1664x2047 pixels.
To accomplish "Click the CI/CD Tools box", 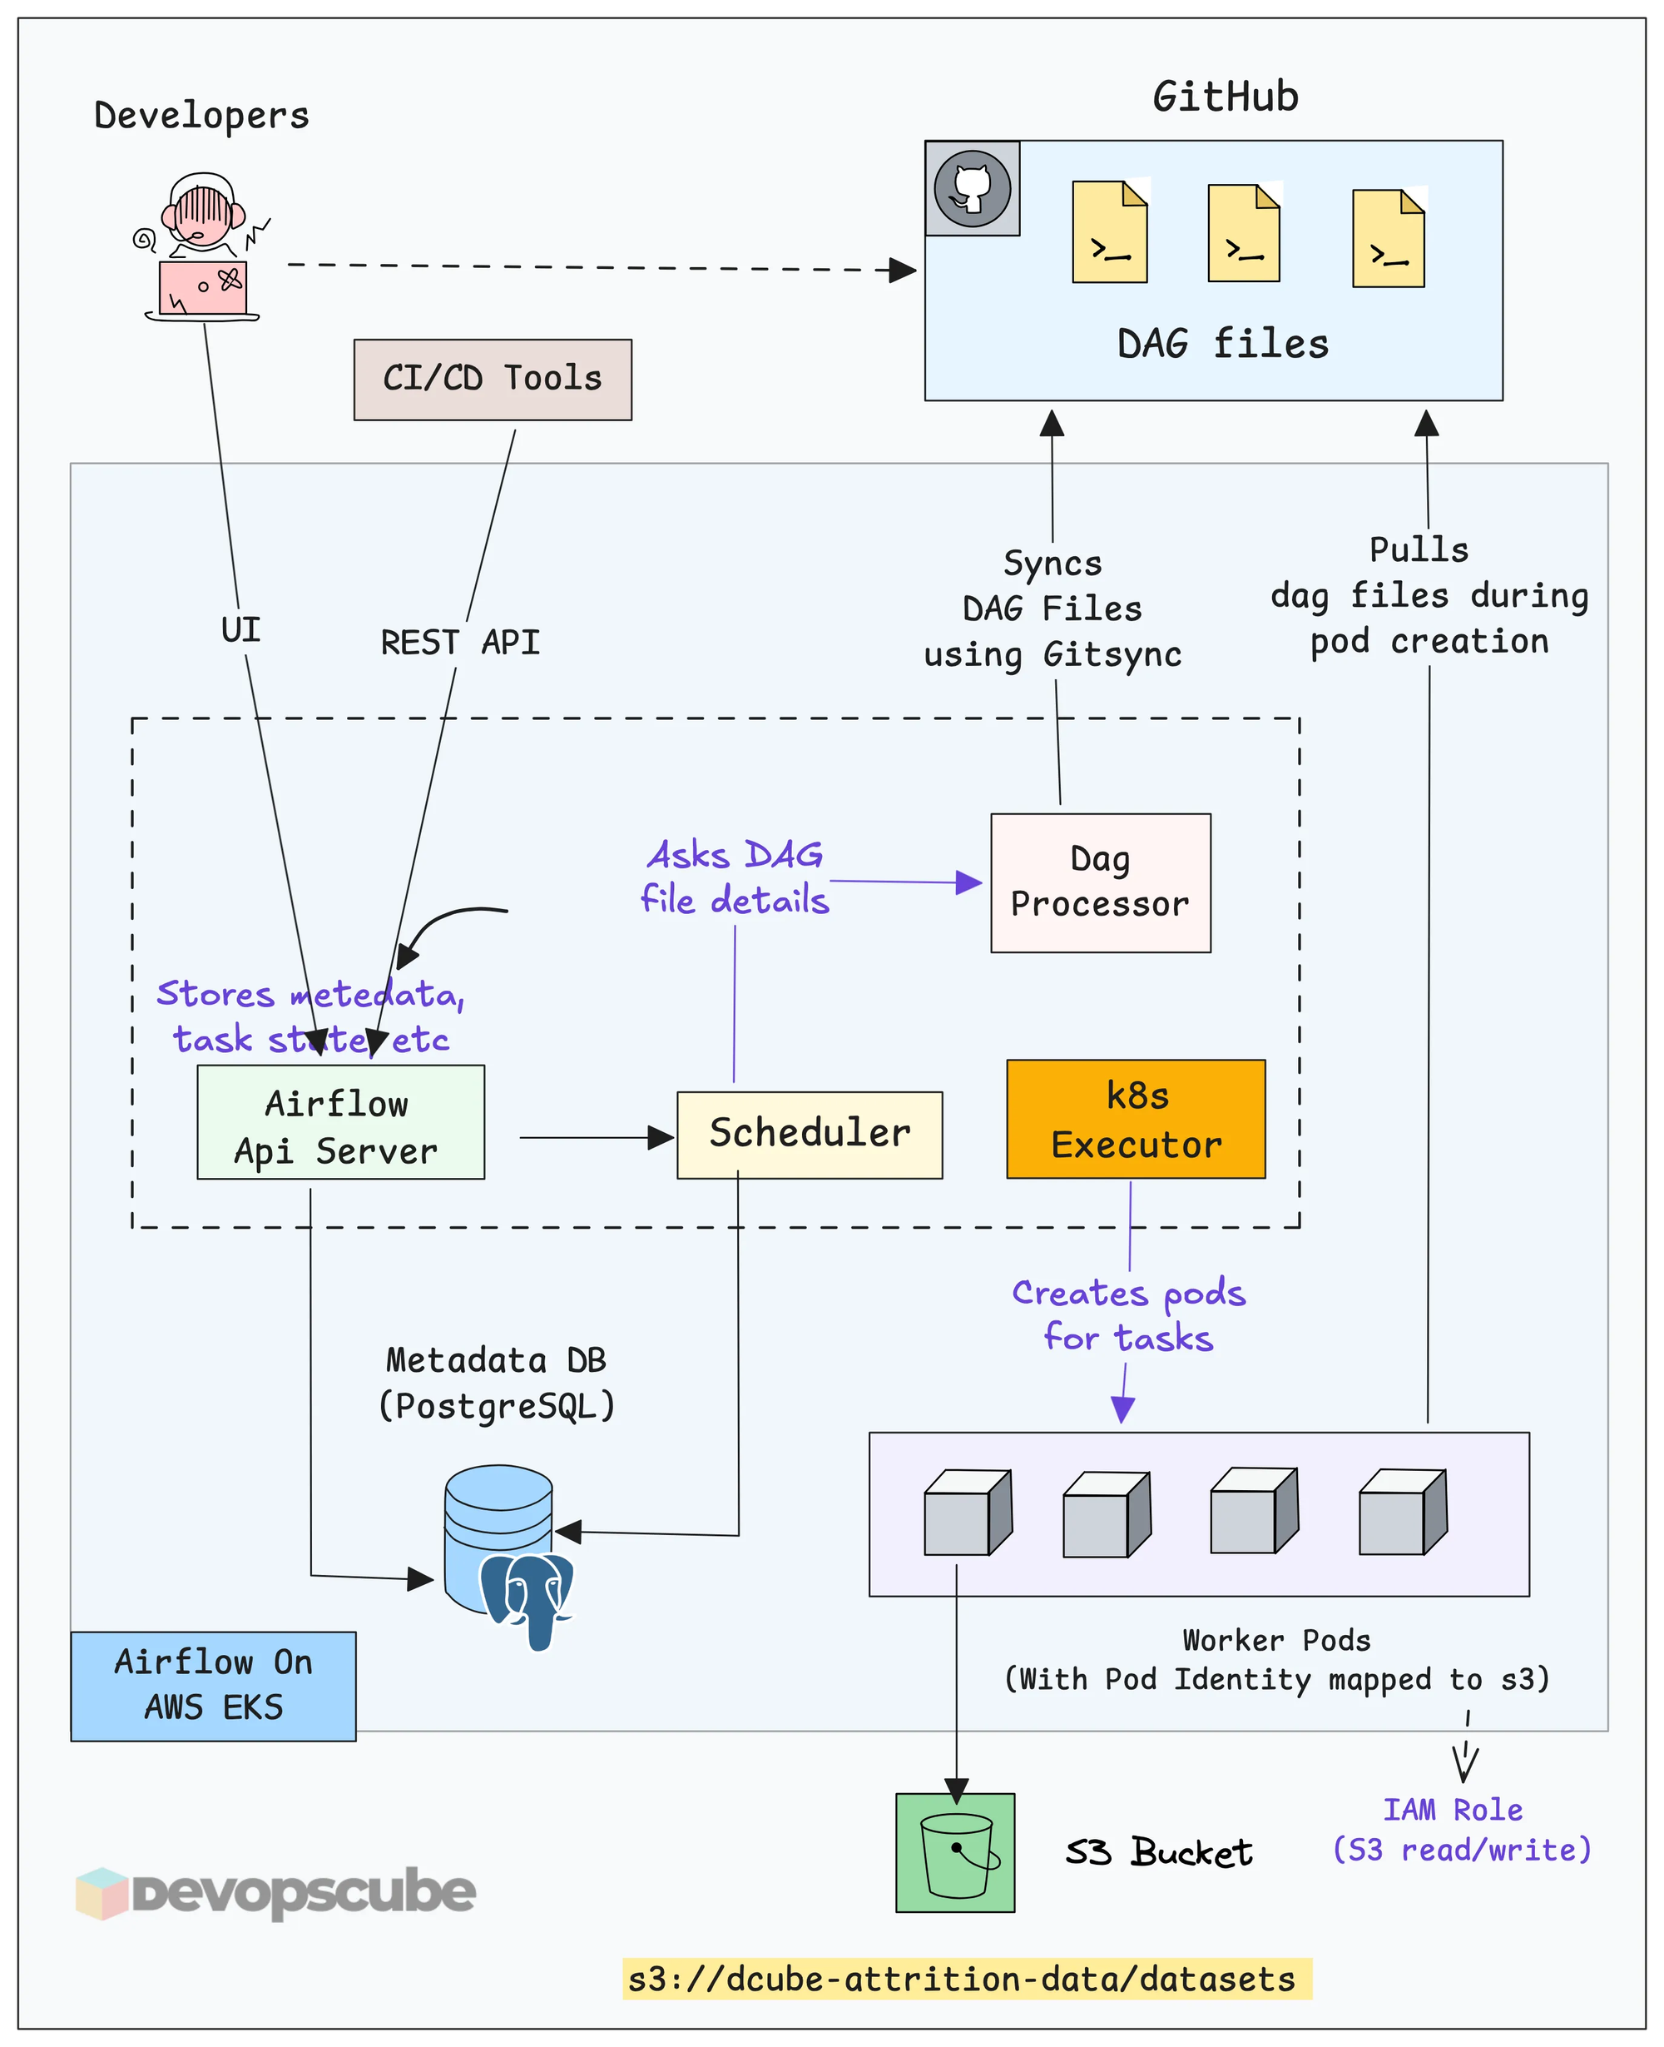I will coord(492,380).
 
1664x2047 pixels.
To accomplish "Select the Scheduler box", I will coord(809,1135).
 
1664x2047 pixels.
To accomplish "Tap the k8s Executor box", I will coord(1136,1119).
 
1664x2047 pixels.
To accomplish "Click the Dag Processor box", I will coord(1101,882).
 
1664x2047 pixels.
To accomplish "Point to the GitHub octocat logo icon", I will coord(972,188).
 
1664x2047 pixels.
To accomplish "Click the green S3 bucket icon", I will coord(954,1852).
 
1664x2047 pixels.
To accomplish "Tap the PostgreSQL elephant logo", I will coord(528,1597).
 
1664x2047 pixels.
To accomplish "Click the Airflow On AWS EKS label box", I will coord(213,1686).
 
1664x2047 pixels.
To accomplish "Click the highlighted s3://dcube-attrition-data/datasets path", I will coord(966,1979).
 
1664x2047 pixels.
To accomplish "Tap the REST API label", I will coord(460,643).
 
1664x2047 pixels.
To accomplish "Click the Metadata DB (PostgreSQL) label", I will coord(496,1383).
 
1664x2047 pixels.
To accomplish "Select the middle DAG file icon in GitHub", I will coord(1243,234).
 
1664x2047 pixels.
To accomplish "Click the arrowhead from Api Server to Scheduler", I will coord(661,1138).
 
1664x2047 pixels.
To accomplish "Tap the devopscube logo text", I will coord(303,1891).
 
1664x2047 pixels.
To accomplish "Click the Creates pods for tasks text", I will coord(1128,1314).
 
